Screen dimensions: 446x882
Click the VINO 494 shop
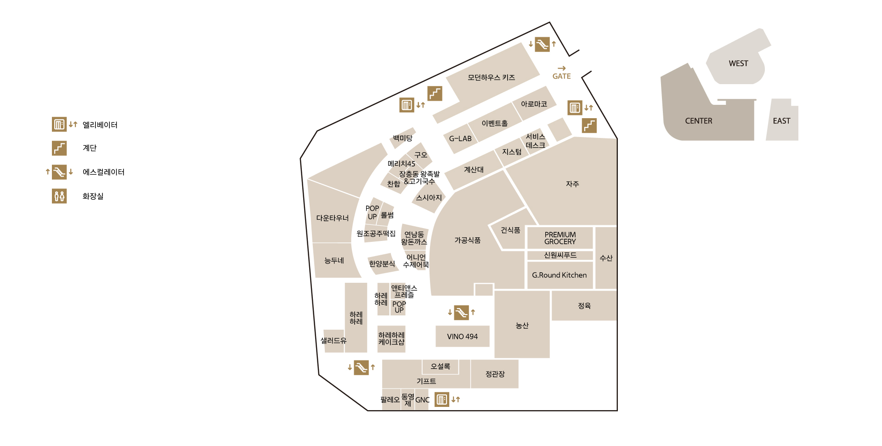click(462, 337)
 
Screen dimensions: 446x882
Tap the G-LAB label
click(460, 138)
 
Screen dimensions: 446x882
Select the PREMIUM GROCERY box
click(560, 238)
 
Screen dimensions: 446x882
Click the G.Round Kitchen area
click(560, 275)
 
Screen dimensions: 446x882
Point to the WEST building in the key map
click(738, 63)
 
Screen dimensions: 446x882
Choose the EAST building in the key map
click(781, 121)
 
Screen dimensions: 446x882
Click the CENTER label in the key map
click(698, 121)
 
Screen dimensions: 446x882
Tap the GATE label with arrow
click(561, 74)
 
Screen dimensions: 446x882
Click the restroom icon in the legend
click(59, 196)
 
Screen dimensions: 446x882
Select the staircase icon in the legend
click(59, 148)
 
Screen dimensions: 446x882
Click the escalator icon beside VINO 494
click(461, 313)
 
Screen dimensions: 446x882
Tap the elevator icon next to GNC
click(441, 400)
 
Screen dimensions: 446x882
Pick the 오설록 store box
click(440, 366)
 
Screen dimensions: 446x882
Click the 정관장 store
click(495, 374)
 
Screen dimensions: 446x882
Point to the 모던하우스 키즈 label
click(491, 77)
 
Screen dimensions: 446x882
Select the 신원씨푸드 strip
click(560, 255)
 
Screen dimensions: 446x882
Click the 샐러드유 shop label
click(334, 341)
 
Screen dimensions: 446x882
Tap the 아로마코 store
click(534, 104)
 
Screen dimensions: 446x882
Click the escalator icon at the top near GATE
click(542, 44)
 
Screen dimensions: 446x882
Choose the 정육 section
click(584, 306)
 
